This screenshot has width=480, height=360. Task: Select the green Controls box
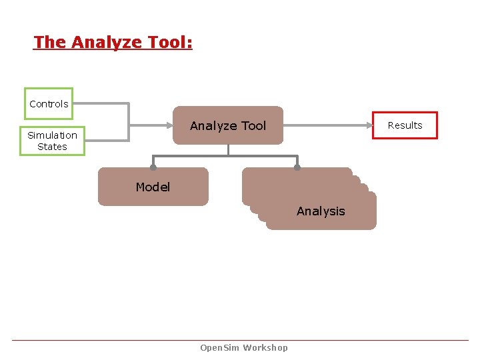click(x=49, y=103)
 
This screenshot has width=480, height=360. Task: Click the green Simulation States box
click(x=52, y=141)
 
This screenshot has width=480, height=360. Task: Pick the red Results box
click(x=405, y=125)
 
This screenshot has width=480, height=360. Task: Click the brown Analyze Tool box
click(x=228, y=125)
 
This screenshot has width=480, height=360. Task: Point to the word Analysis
click(x=321, y=211)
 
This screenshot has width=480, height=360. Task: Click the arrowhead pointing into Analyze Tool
click(x=169, y=125)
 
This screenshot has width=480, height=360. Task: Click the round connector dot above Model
click(x=153, y=167)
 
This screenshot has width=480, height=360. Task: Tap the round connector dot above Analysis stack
click(x=297, y=167)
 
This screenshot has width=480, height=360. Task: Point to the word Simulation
click(x=52, y=135)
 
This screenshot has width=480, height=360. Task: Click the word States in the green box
click(x=52, y=147)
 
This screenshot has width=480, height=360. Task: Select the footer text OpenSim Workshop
click(x=244, y=347)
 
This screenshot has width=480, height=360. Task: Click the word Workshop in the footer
click(x=265, y=347)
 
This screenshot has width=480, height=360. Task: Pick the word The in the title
click(x=50, y=42)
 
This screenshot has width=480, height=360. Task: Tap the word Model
click(x=153, y=187)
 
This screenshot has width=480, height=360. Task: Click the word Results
click(x=405, y=125)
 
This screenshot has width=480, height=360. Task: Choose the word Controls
click(x=49, y=104)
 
